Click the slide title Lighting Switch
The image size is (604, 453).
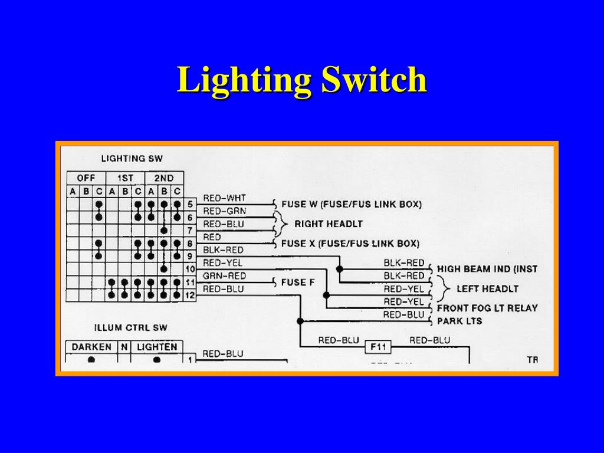301,80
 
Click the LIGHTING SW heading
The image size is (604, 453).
132,158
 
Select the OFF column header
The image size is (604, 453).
86,178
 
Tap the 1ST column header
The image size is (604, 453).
125,178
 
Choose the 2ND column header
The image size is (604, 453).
163,178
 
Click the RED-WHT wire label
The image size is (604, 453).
224,198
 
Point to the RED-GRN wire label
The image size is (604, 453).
224,211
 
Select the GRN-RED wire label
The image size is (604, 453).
224,276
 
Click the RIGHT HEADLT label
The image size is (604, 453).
328,224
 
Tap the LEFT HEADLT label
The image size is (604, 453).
487,288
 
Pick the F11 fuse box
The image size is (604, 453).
377,347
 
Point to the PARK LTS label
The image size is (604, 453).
459,321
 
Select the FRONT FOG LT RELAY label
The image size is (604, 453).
487,308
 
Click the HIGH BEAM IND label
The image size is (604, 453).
487,269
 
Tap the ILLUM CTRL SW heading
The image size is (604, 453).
130,327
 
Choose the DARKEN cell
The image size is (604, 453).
91,347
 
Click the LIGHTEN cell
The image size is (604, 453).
156,347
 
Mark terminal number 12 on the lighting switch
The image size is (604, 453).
190,295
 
